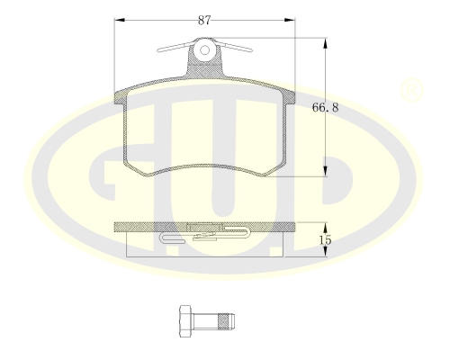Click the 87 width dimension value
204,20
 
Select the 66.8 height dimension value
325,107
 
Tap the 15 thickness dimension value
325,240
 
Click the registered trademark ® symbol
411,90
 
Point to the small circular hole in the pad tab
204,50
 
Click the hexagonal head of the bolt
184,321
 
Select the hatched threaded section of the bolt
222,321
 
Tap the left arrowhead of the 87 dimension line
120,20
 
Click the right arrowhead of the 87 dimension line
290,20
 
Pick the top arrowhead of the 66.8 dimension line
325,43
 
